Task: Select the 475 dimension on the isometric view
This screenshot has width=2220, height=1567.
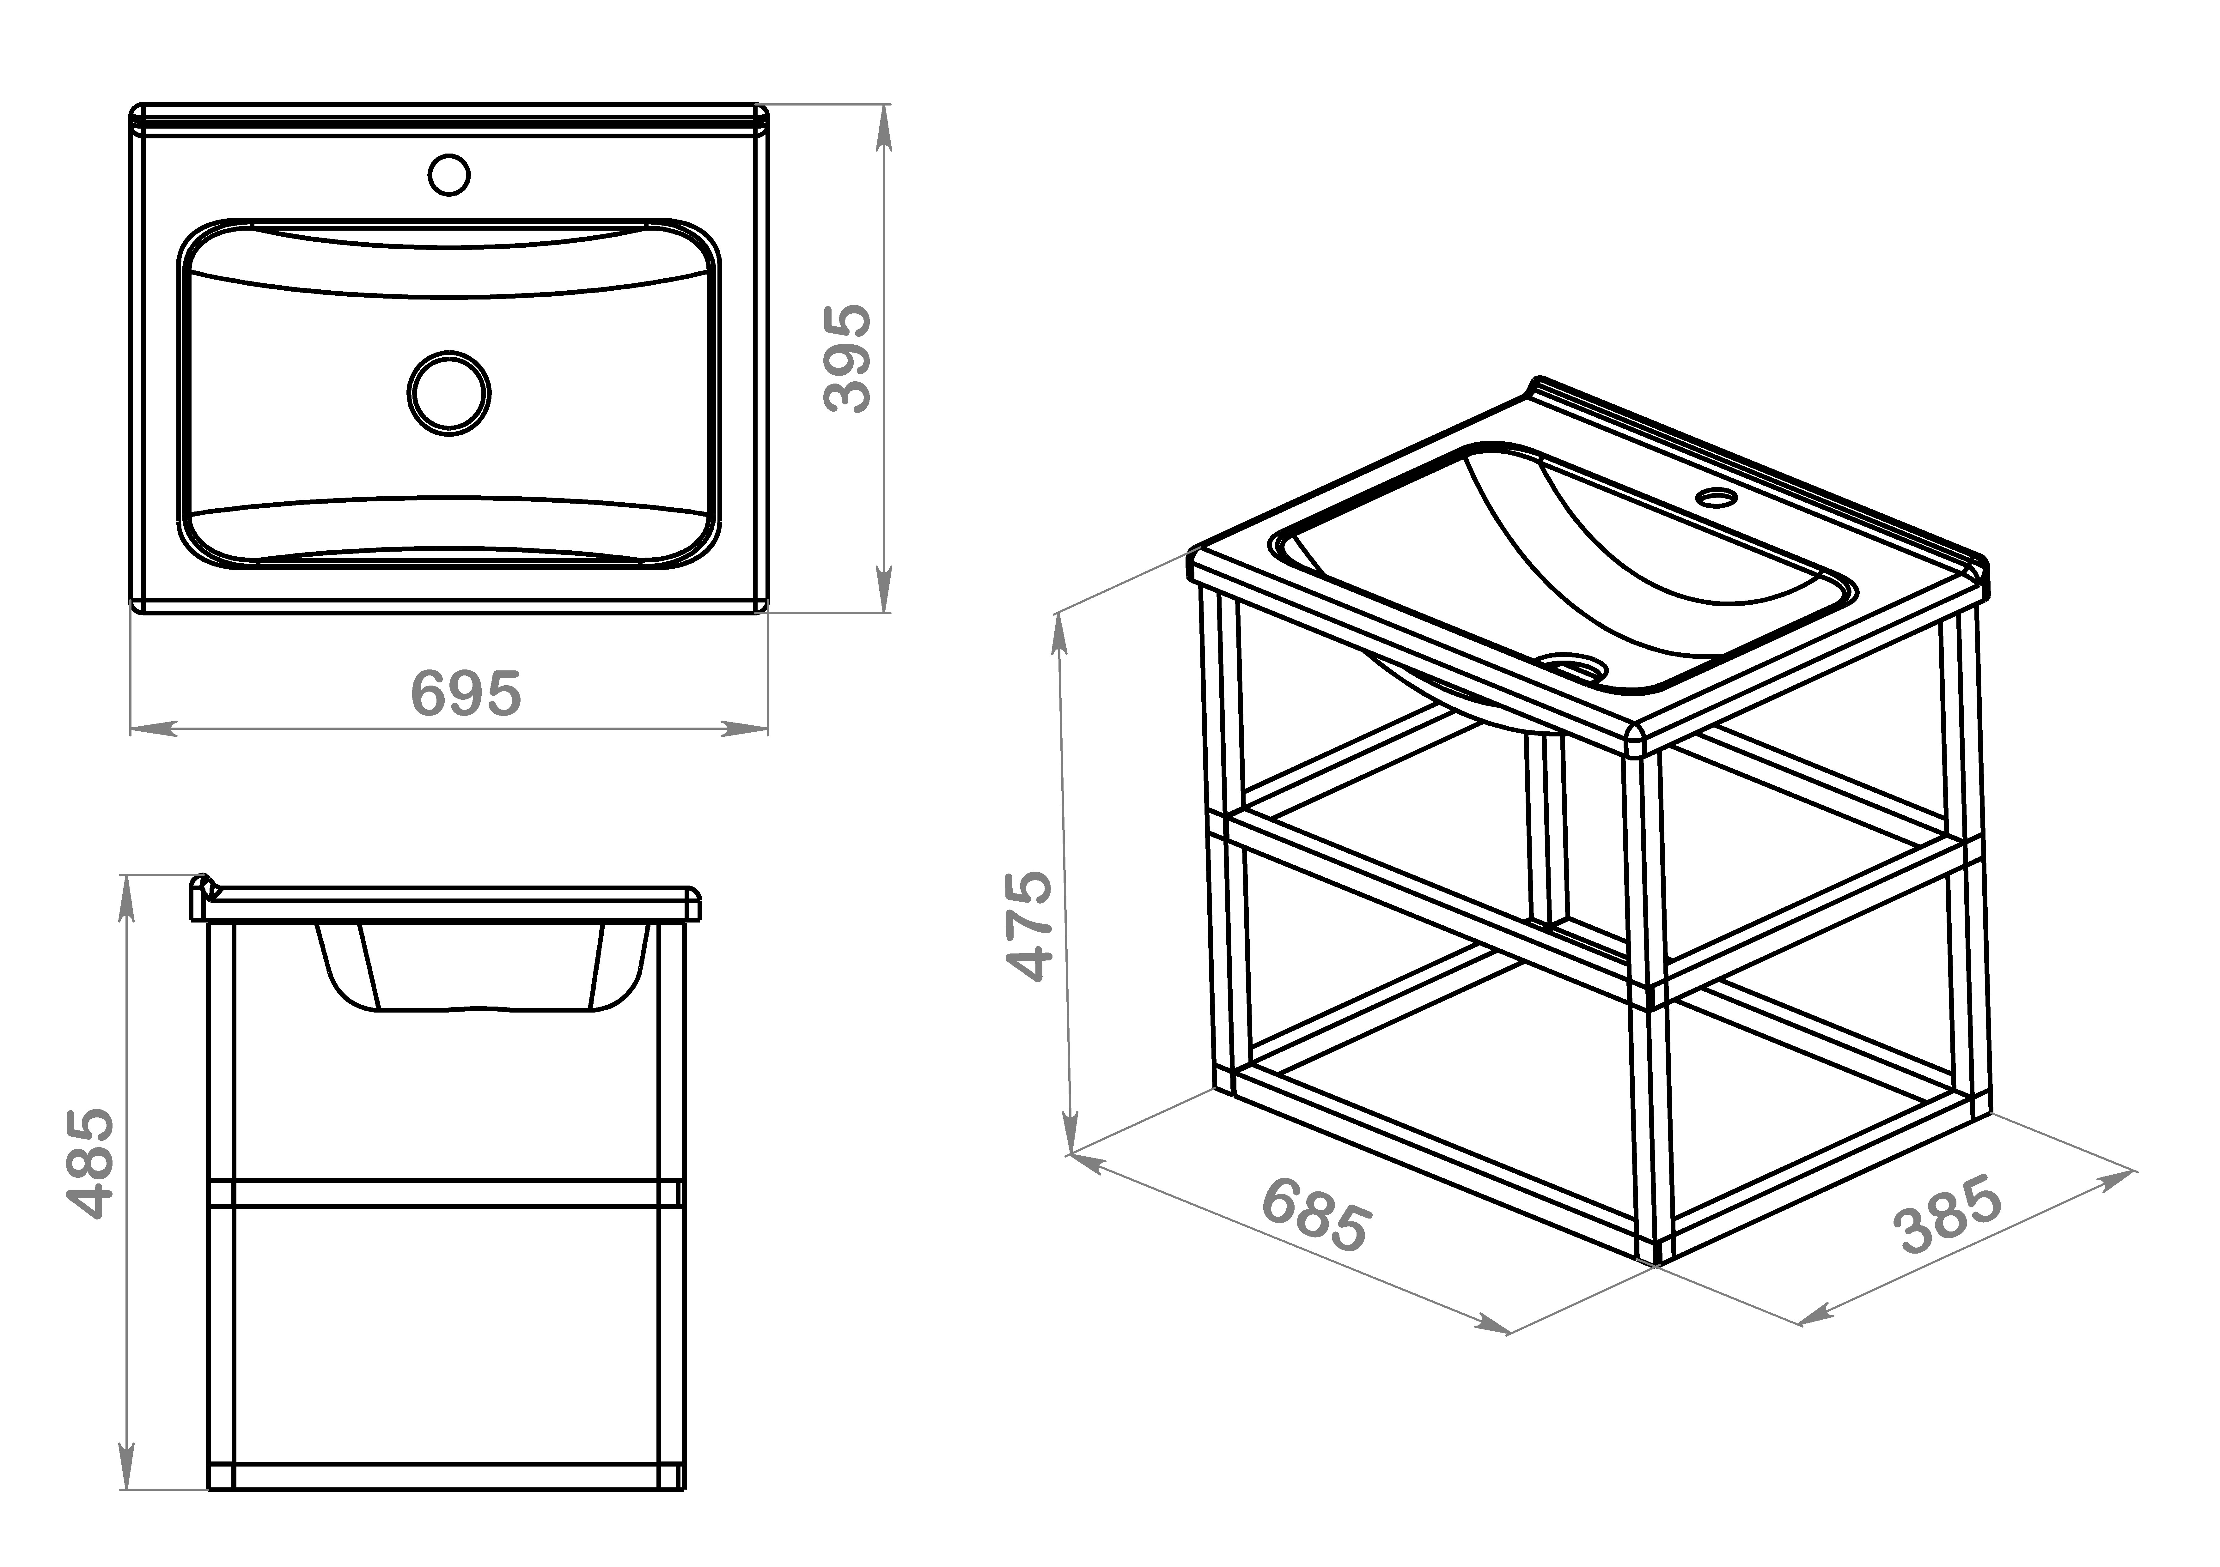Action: pos(1029,926)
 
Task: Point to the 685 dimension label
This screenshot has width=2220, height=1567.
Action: pos(1316,1214)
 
